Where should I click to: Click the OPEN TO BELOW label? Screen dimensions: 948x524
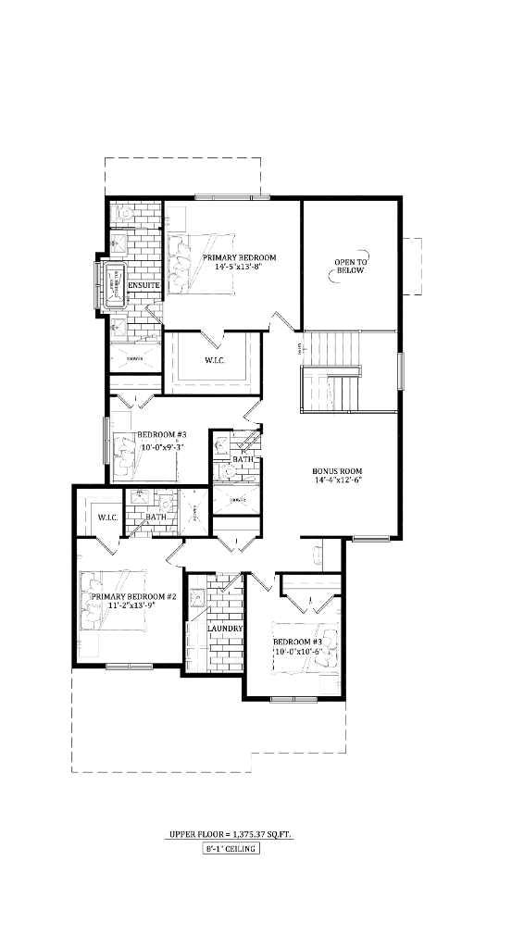(x=351, y=266)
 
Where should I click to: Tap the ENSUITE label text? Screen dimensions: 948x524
(x=144, y=286)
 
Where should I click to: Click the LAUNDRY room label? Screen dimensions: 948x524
(x=225, y=629)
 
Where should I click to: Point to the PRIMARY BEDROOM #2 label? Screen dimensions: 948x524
(x=133, y=597)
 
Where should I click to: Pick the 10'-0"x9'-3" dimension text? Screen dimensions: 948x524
(x=162, y=447)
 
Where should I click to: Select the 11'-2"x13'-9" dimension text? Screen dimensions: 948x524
(x=133, y=606)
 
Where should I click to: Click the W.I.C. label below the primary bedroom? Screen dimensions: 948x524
(x=213, y=360)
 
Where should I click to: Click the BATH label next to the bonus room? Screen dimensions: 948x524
(x=243, y=459)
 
